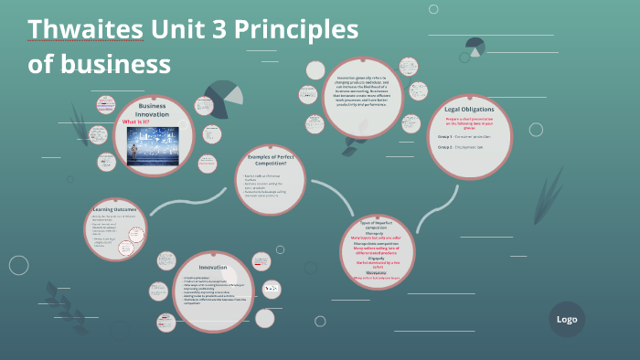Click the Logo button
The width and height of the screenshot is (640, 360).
pyautogui.click(x=566, y=319)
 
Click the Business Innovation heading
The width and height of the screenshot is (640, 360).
pyautogui.click(x=153, y=110)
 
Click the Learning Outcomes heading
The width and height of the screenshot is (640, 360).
pyautogui.click(x=114, y=210)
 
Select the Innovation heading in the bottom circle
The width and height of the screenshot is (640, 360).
pyautogui.click(x=213, y=267)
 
